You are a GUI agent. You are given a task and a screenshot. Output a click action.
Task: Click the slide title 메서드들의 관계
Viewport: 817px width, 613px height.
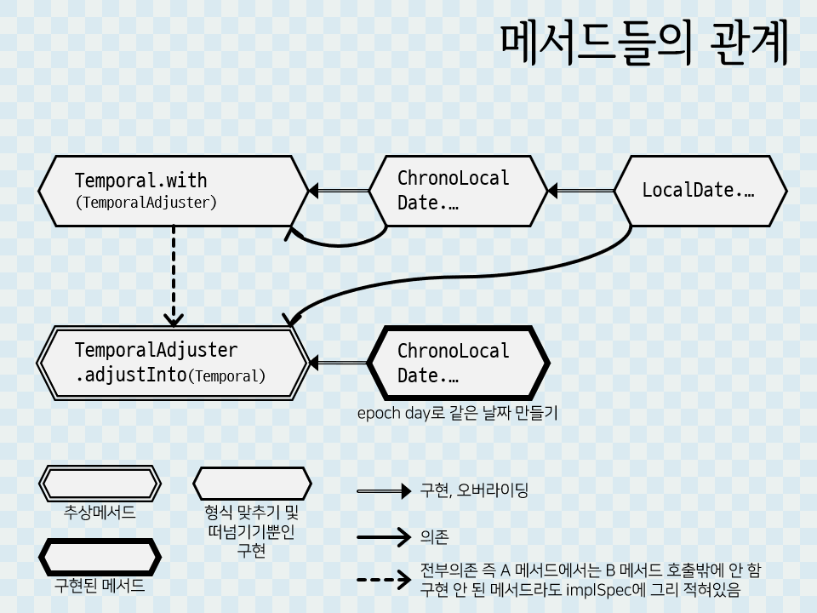(644, 43)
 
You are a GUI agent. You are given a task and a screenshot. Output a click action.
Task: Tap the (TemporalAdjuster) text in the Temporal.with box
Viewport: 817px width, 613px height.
(146, 203)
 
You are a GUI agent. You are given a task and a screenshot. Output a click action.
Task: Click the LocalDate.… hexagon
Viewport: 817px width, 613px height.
(700, 191)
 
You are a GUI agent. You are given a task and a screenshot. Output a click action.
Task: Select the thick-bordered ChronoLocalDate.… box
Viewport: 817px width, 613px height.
(460, 363)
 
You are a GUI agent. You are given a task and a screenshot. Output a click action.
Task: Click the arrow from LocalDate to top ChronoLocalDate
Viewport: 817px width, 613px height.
(582, 191)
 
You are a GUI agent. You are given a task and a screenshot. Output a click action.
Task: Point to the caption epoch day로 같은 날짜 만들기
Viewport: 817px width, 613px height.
(457, 414)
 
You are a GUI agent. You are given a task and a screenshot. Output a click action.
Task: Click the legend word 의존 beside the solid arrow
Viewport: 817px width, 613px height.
(434, 537)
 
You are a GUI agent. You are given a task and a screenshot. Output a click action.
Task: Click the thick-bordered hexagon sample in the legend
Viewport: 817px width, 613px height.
(100, 557)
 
